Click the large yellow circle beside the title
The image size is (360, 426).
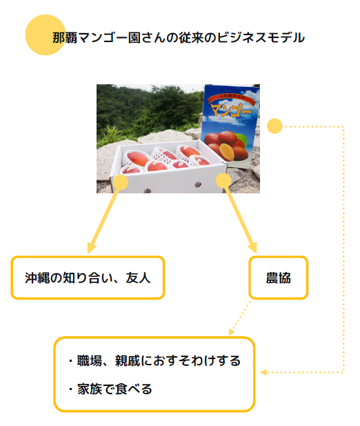coord(46,35)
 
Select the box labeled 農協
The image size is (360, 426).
coord(279,278)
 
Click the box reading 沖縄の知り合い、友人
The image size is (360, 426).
coord(88,278)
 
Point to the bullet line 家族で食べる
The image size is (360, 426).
coord(110,389)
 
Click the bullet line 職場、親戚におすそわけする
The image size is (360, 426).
coord(154,361)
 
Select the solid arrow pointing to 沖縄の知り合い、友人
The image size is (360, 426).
coord(103,217)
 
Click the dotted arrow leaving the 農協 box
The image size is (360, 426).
coord(240,318)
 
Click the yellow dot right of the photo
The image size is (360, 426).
coord(274,126)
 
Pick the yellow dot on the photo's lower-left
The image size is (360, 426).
coord(121,182)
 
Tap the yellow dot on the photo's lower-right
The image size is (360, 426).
coord(223,181)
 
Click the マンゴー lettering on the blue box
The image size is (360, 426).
coord(231,109)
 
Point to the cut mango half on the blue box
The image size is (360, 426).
coord(226,152)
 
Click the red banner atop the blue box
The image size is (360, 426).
coord(232,98)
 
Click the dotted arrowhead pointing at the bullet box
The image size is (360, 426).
coord(263,372)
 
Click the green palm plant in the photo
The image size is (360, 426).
coord(110,134)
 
